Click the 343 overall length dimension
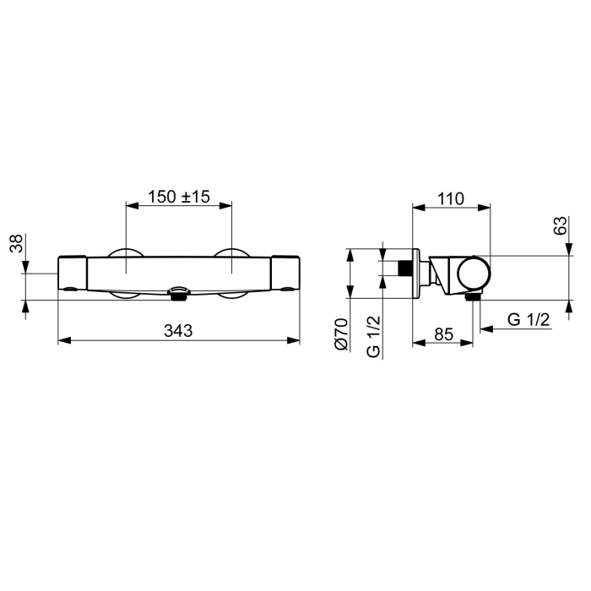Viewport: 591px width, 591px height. click(178, 331)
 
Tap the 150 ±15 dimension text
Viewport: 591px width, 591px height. click(179, 197)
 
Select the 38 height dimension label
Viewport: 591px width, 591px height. click(17, 243)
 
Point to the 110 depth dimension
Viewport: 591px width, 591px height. click(451, 199)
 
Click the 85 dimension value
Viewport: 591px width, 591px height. click(443, 334)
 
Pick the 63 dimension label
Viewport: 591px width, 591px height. click(560, 225)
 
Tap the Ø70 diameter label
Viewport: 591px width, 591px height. click(341, 334)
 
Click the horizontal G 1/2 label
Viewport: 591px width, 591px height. click(529, 320)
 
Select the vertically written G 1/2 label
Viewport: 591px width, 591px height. click(373, 337)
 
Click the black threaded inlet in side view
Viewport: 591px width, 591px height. click(405, 268)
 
